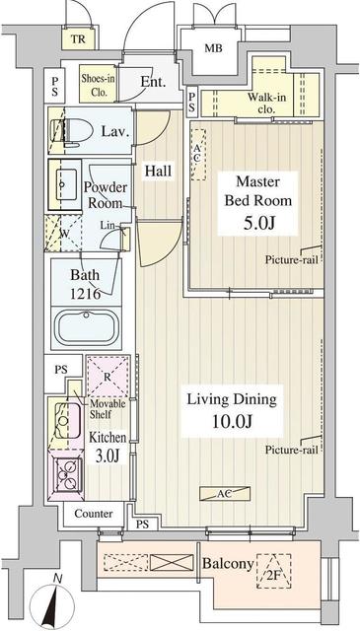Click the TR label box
[x=77, y=39]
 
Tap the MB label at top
[x=213, y=48]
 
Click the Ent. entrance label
[x=153, y=81]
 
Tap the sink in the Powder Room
[x=66, y=182]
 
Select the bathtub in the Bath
[x=84, y=325]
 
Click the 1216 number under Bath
[x=85, y=294]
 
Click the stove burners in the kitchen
[x=69, y=477]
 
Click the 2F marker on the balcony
[x=274, y=569]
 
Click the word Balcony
[x=226, y=564]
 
